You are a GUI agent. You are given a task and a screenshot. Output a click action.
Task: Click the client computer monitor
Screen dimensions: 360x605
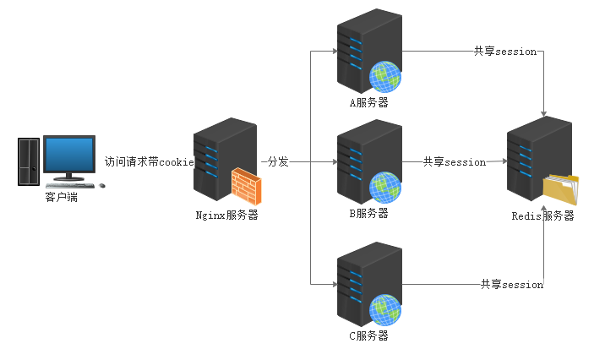[x=69, y=155]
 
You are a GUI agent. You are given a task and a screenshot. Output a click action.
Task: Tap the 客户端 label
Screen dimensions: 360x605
[x=61, y=198]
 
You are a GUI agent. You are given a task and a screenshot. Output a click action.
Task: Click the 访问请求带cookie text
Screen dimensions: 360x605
[x=150, y=161]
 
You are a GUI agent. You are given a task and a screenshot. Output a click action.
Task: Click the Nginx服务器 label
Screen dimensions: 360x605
[x=226, y=215]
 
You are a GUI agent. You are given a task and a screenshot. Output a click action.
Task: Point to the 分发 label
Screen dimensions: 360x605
[x=278, y=161]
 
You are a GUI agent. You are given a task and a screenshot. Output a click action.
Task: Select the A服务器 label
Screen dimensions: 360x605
[x=369, y=103]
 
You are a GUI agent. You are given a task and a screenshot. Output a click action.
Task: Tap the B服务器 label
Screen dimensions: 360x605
[x=369, y=213]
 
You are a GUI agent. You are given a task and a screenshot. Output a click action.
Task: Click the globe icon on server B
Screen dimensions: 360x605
[x=385, y=186]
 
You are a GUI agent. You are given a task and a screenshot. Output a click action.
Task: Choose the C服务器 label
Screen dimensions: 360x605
[x=369, y=335]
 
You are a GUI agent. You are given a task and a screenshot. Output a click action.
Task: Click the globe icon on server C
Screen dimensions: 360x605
[x=385, y=308]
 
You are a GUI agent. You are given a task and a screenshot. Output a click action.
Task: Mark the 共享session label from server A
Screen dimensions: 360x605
[x=505, y=51]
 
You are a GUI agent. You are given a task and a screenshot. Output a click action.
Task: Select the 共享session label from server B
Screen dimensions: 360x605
[x=455, y=161]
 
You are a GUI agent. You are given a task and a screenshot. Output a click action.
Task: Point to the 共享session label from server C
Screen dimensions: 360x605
[x=512, y=284]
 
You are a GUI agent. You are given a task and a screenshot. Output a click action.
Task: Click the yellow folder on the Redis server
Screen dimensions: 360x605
[x=562, y=189]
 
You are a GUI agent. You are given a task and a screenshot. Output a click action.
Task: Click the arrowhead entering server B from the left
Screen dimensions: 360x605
[x=334, y=161]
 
